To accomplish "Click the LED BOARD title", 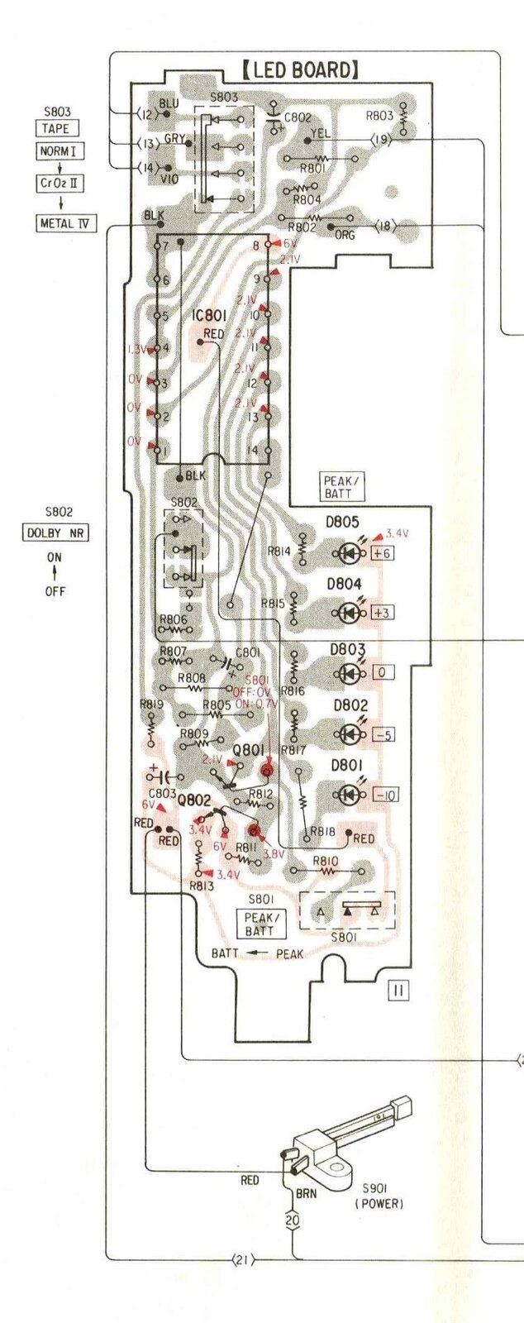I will point(301,69).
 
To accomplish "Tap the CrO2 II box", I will point(60,183).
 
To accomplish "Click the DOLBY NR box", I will point(55,533).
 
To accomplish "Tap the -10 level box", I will point(384,795).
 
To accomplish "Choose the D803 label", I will point(348,650).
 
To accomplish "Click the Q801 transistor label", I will point(248,749).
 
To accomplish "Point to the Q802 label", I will point(194,800).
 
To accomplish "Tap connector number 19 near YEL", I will point(381,140).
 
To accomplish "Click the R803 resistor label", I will point(379,116).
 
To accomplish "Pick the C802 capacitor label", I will point(298,118).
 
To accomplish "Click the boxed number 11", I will point(398,990).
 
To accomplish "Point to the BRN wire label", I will point(306,1194).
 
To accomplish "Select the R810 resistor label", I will point(326,862).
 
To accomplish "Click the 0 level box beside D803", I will point(381,672).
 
